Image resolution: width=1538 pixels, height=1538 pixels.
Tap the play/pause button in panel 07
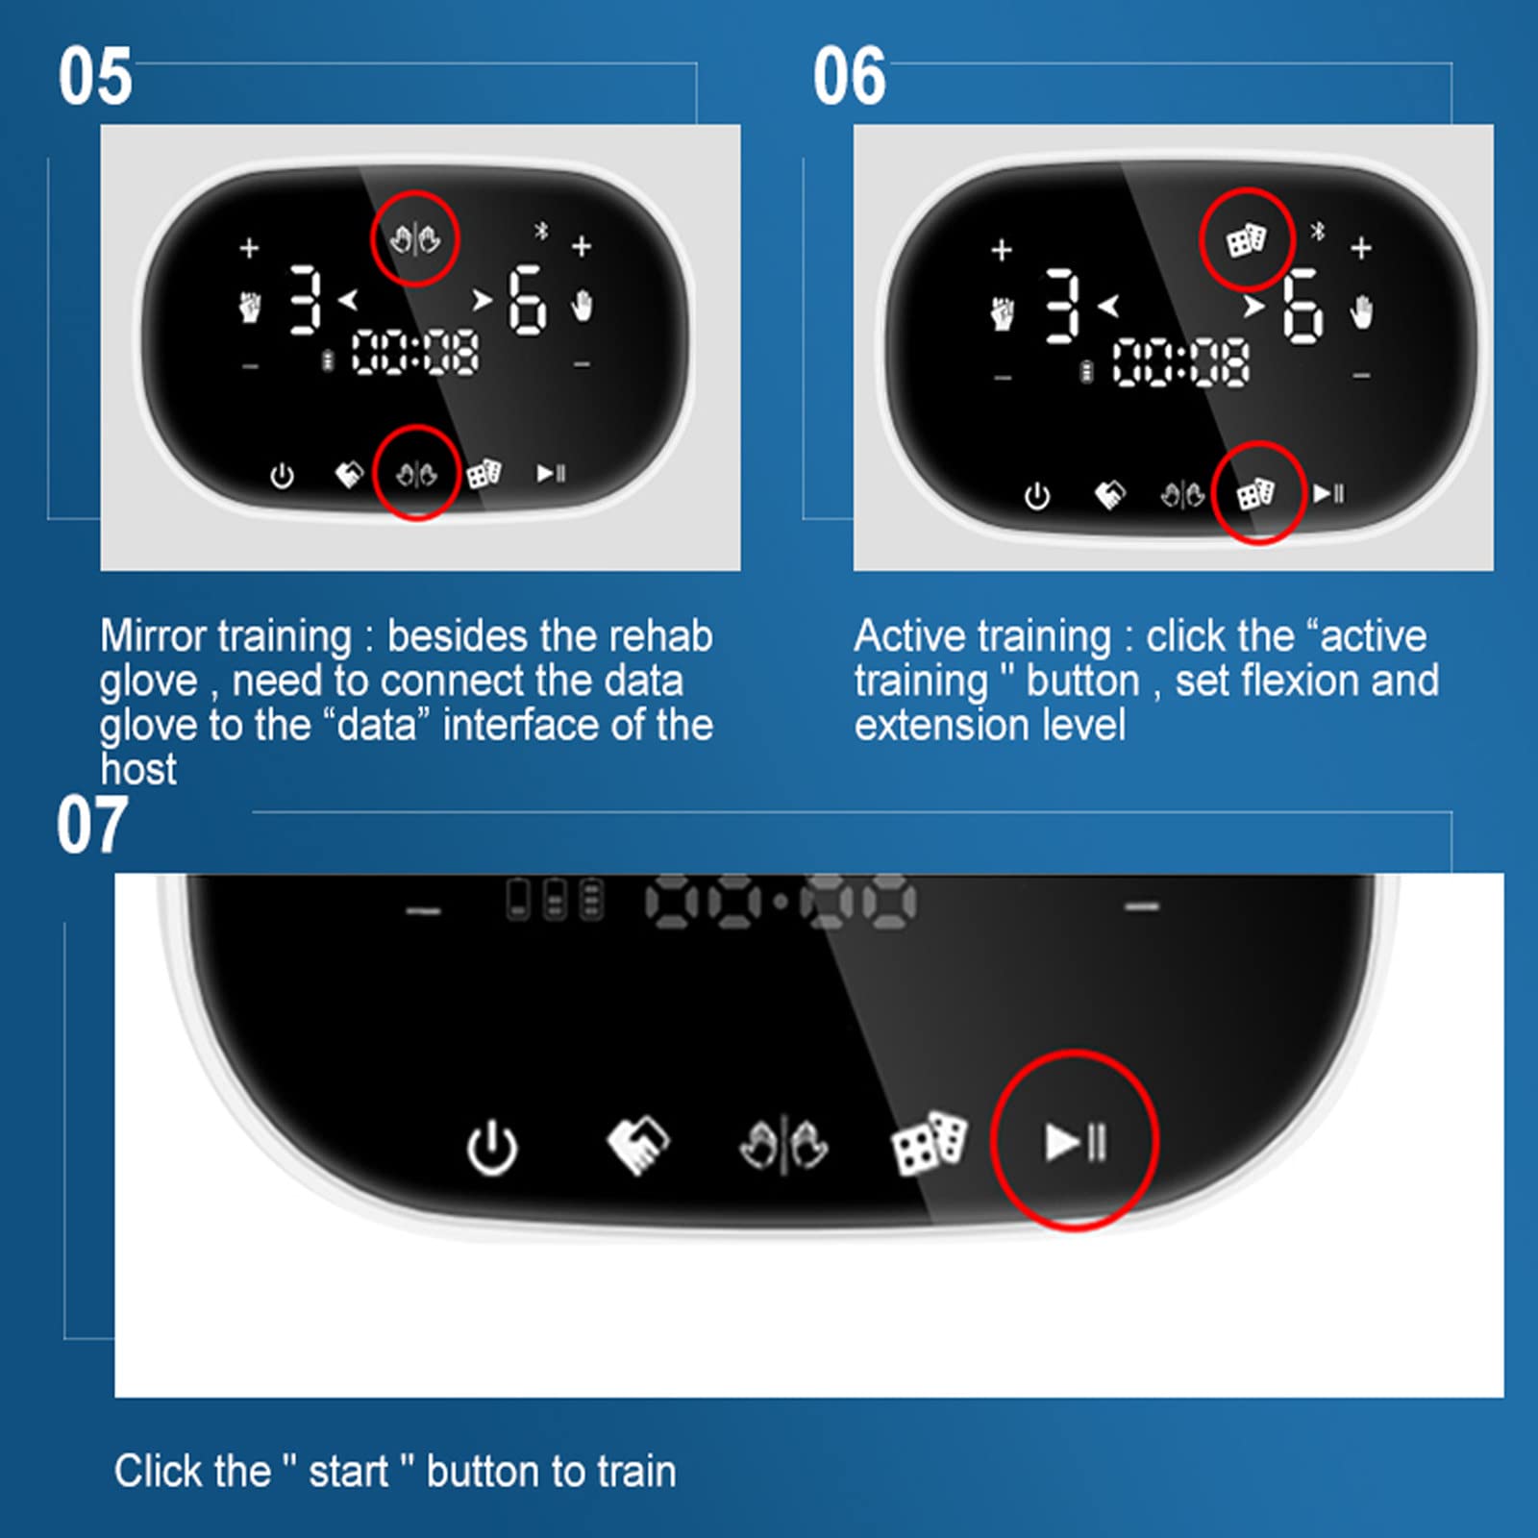click(1076, 1142)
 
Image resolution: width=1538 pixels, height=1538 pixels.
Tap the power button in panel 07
click(492, 1147)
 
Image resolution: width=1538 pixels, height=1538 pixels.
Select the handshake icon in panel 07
click(637, 1144)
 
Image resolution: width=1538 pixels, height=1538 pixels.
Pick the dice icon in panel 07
click(930, 1143)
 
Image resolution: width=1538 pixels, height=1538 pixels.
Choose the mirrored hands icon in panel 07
click(783, 1144)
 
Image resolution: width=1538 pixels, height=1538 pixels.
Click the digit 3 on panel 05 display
click(306, 300)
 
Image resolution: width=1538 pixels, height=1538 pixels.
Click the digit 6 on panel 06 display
click(1302, 306)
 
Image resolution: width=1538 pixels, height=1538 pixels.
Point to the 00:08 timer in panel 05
click(415, 352)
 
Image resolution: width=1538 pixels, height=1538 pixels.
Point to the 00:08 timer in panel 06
click(1181, 363)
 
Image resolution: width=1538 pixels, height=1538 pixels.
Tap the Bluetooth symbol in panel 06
click(1319, 231)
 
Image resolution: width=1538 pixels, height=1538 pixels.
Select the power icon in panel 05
click(282, 475)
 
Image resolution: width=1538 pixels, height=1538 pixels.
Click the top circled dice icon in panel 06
click(1247, 240)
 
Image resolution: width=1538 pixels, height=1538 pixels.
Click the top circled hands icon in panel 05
click(415, 238)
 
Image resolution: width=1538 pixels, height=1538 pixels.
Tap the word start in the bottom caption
click(348, 1472)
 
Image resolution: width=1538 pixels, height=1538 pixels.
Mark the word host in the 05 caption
click(138, 769)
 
